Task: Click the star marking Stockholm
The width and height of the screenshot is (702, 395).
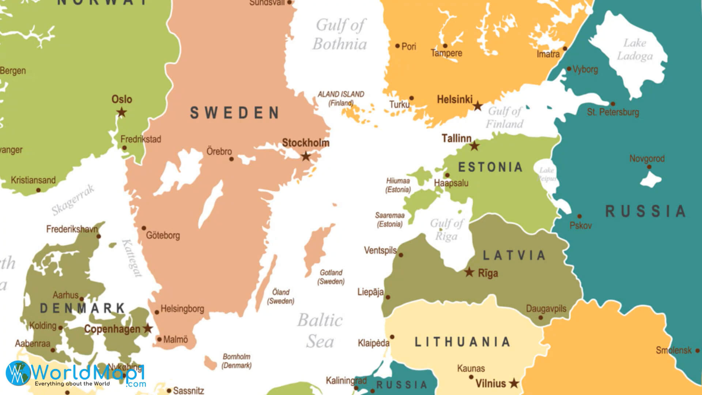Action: click(306, 157)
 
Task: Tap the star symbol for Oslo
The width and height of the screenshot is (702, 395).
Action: click(121, 112)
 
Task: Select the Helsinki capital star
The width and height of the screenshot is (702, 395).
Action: click(478, 106)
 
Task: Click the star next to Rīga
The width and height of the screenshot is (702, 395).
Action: click(469, 272)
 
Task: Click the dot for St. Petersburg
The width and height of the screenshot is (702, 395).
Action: click(613, 104)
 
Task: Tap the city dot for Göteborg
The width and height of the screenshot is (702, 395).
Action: click(144, 228)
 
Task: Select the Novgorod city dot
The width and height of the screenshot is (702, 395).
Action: click(649, 167)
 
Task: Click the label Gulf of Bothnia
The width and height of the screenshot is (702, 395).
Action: click(340, 35)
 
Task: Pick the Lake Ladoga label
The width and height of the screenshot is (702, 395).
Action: click(635, 49)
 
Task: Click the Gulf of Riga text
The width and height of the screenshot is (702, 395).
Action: click(446, 230)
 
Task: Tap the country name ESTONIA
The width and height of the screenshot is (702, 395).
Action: click(490, 168)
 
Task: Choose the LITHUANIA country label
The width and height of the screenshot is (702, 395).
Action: click(462, 342)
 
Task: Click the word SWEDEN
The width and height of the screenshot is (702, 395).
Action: click(234, 113)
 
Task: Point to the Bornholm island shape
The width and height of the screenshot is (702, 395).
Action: click(210, 363)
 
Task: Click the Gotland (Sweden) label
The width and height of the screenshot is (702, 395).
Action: click(331, 277)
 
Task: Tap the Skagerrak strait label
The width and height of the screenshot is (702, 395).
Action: click(73, 200)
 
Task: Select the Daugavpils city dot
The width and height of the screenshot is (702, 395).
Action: click(540, 317)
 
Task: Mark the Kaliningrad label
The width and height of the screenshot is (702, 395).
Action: click(346, 381)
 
